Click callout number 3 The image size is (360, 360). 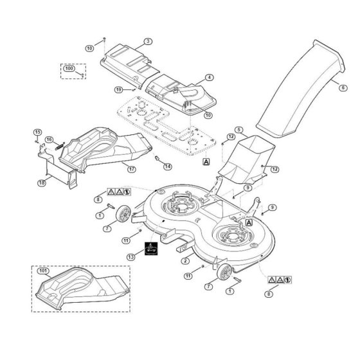pyautogui.click(x=148, y=41)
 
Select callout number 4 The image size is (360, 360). pyautogui.click(x=209, y=78)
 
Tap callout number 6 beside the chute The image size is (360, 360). pyautogui.click(x=343, y=87)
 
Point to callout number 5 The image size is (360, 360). pyautogui.click(x=239, y=130)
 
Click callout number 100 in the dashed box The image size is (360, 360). pyautogui.click(x=69, y=68)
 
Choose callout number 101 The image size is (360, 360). pyautogui.click(x=43, y=271)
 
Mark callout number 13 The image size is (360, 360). pyautogui.click(x=131, y=257)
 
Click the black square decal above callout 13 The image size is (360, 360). pyautogui.click(x=151, y=248)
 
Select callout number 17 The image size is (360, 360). pyautogui.click(x=132, y=170)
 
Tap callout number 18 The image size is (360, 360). pyautogui.click(x=42, y=183)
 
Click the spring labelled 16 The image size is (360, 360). pyautogui.click(x=60, y=146)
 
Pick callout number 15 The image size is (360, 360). pyautogui.click(x=38, y=132)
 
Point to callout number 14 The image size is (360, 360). pyautogui.click(x=168, y=166)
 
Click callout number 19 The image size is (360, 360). pyautogui.click(x=119, y=89)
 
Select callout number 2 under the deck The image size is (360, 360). pyautogui.click(x=185, y=261)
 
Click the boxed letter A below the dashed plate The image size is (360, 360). pyautogui.click(x=206, y=161)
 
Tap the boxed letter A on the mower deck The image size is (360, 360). pyautogui.click(x=249, y=222)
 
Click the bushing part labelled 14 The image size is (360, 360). pyautogui.click(x=157, y=158)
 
